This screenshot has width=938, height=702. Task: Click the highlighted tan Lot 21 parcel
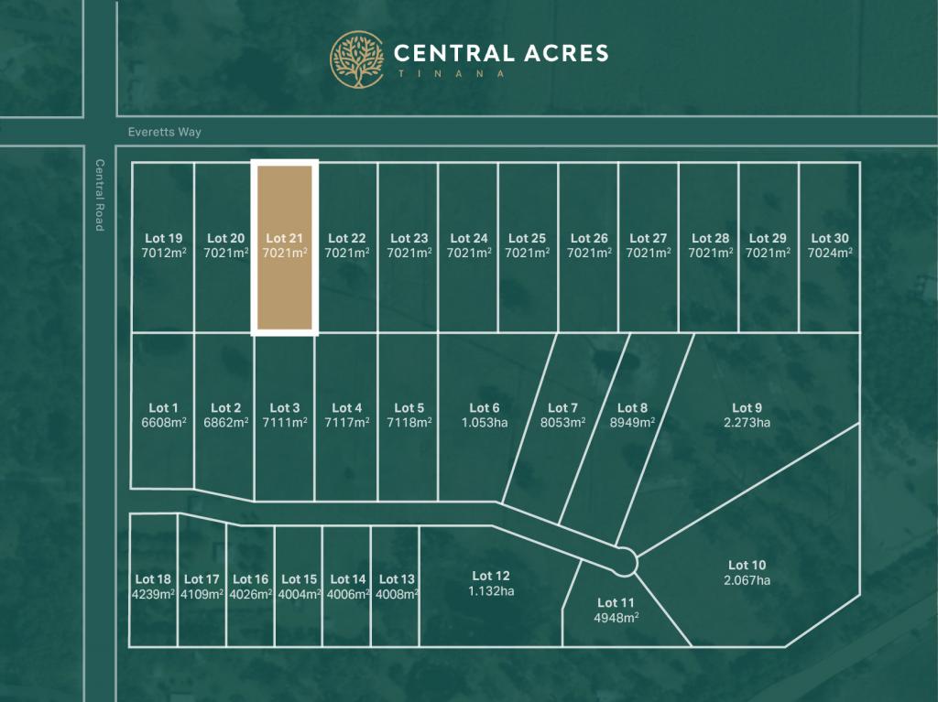(285, 284)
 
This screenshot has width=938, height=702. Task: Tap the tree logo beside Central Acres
(357, 59)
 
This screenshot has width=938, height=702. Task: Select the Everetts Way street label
(165, 132)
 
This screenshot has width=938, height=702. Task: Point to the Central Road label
(100, 195)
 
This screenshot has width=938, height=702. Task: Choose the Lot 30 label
(829, 239)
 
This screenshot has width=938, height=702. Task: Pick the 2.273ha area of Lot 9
(747, 422)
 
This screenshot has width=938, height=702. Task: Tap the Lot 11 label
(616, 602)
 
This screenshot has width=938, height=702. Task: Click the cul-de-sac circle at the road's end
(625, 560)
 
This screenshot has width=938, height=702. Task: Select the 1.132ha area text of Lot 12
(490, 590)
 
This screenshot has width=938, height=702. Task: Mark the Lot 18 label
(153, 578)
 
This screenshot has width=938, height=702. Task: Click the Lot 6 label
(485, 408)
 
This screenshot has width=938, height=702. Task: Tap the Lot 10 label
(747, 566)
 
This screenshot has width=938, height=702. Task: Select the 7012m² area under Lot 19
(163, 253)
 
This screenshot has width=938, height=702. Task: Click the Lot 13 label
(397, 578)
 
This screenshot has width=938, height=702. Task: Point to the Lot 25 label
(527, 239)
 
